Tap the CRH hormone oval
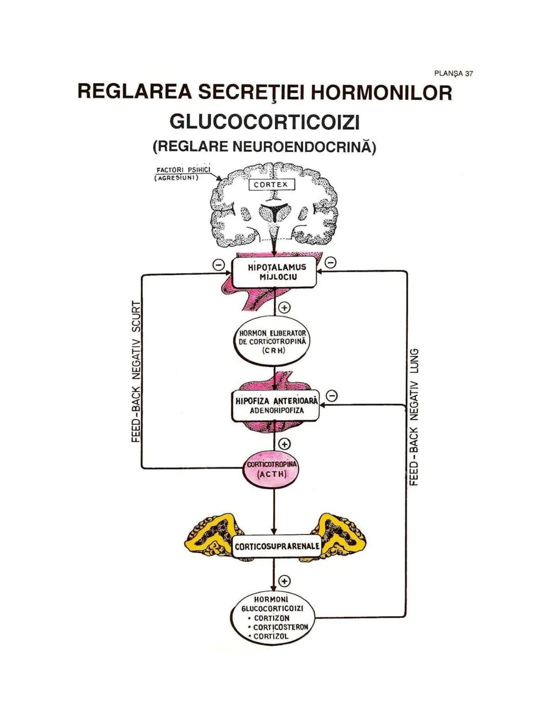coord(273,341)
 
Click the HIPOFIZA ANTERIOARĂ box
coord(275,405)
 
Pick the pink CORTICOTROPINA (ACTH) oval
coord(271,469)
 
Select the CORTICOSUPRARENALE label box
coord(276,547)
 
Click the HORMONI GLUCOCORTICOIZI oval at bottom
coord(272,618)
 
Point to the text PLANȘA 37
coord(453,73)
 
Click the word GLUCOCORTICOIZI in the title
coord(264,122)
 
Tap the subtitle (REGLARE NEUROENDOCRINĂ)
coord(264,147)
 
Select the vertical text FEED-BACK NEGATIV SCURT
coord(136,371)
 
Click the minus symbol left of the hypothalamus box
coord(219,264)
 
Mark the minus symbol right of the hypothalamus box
coord(331,263)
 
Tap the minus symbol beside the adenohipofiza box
coord(332,396)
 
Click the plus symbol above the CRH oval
coord(284,307)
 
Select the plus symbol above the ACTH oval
coord(284,444)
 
